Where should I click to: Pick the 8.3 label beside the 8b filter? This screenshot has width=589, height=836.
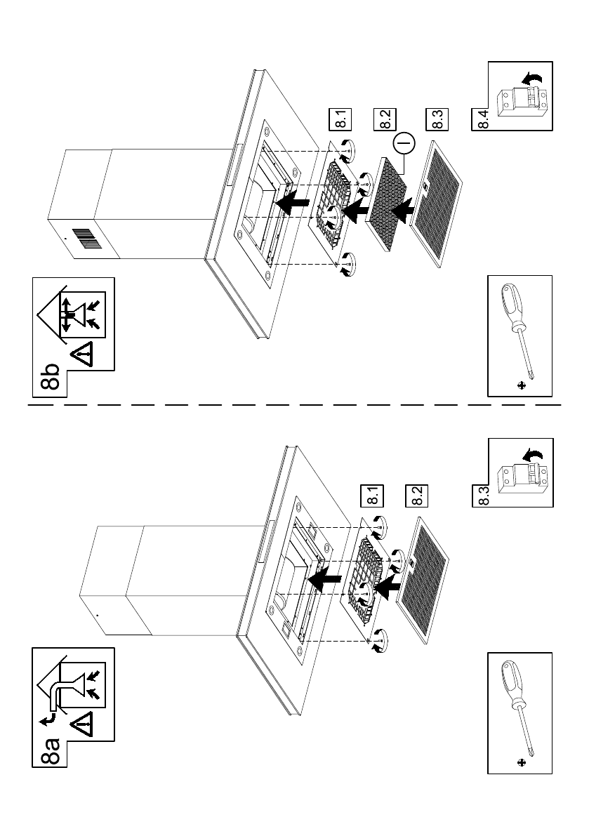tap(435, 120)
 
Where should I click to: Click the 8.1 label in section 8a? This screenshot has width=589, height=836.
tap(369, 496)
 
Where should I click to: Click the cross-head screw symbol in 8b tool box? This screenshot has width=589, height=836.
tap(521, 385)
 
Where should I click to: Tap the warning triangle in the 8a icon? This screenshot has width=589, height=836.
tap(83, 723)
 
